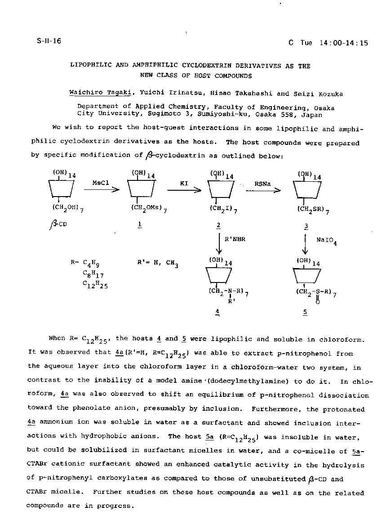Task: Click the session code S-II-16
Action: (49, 41)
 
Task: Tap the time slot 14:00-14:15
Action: (344, 43)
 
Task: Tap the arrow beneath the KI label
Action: (184, 190)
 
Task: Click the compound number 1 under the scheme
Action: (139, 225)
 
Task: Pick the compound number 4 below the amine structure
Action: (218, 312)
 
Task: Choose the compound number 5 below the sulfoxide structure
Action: (305, 312)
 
